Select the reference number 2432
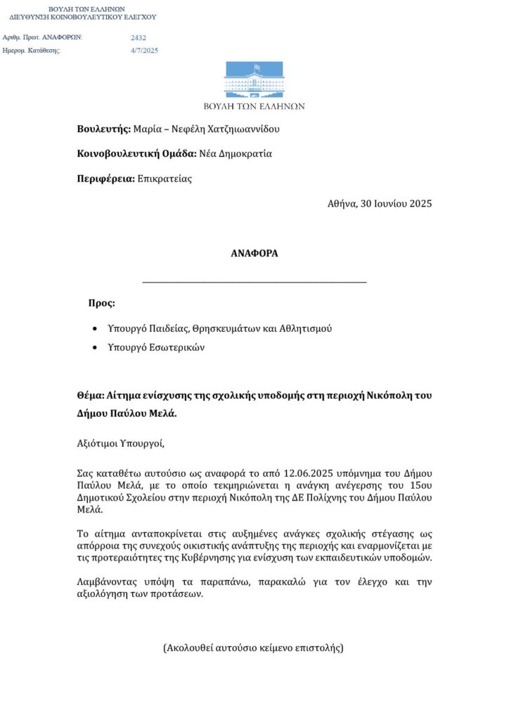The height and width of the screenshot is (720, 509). tap(138, 38)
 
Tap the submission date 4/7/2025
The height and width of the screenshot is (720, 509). tap(144, 51)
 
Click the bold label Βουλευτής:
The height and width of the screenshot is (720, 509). tap(104, 129)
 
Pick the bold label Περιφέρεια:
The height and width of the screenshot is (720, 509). tap(106, 179)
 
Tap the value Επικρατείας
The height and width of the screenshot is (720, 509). tap(165, 179)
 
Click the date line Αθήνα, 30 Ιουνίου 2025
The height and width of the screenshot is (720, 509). tap(380, 204)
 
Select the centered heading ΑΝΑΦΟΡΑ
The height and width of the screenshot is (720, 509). tap(254, 253)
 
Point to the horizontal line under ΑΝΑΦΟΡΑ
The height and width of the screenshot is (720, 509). tap(254, 283)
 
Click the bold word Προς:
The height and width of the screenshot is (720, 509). tap(101, 303)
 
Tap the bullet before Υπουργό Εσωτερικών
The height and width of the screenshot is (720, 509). tap(96, 348)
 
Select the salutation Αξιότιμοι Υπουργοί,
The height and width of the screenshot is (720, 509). tap(120, 444)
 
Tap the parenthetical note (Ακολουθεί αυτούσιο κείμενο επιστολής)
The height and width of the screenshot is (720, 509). tap(253, 647)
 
